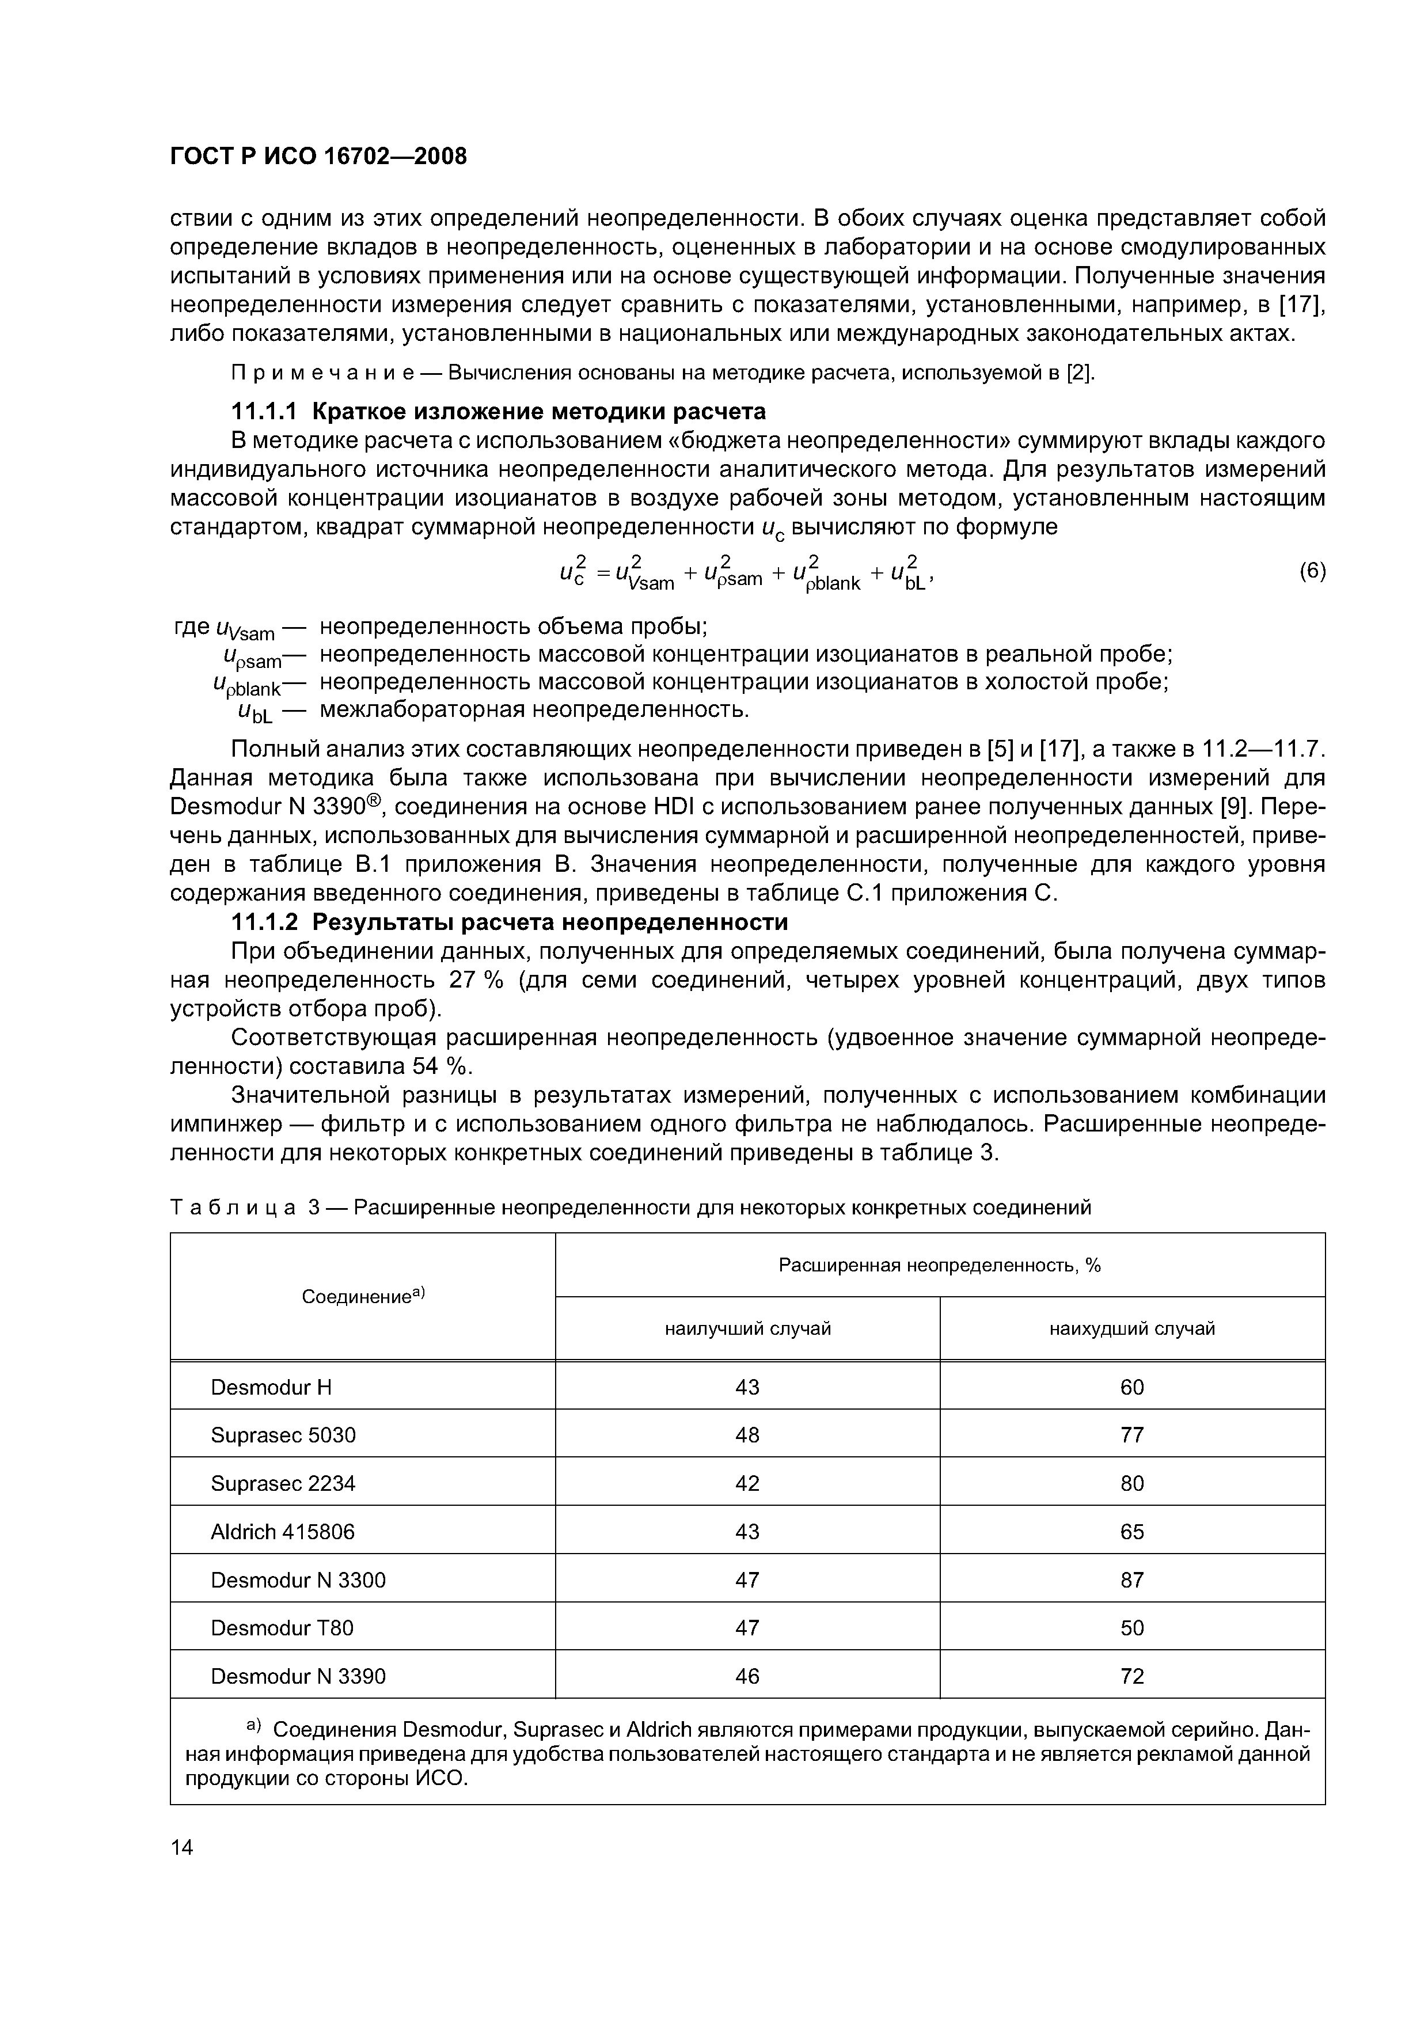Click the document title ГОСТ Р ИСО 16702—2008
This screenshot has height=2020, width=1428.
pos(318,157)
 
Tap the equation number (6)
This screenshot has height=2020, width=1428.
pos(1312,571)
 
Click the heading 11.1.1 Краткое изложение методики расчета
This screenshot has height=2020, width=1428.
pos(498,412)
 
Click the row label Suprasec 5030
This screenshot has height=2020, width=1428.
pos(283,1436)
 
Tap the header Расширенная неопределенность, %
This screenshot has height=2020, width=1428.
pos(940,1265)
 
